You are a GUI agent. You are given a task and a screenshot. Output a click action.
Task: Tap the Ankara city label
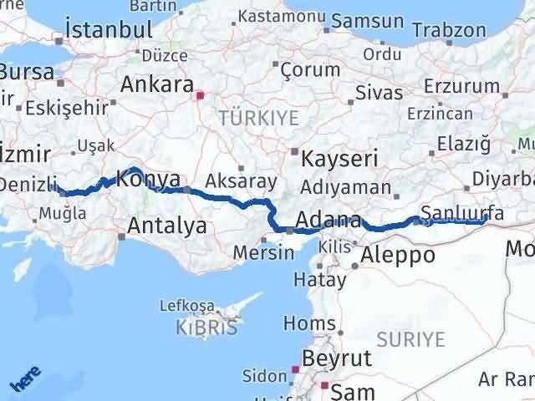[158, 84]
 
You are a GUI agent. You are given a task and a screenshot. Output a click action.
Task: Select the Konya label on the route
[148, 178]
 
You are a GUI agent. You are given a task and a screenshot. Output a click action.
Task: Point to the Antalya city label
[167, 225]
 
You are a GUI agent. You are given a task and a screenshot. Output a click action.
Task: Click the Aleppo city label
[399, 255]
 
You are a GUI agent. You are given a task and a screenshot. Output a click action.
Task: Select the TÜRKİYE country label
[257, 118]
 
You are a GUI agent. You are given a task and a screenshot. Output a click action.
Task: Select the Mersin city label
[258, 251]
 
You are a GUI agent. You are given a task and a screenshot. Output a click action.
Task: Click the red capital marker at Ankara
[200, 95]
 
